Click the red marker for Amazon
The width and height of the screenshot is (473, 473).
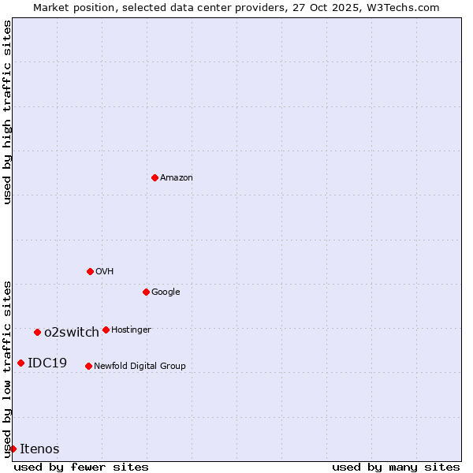click(x=155, y=177)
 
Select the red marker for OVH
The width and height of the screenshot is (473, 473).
click(x=90, y=271)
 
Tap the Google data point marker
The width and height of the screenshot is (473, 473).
click(x=146, y=292)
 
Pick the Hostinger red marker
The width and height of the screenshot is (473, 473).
click(x=106, y=330)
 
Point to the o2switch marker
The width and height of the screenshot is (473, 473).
click(x=37, y=332)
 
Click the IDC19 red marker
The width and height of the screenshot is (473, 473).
click(x=20, y=363)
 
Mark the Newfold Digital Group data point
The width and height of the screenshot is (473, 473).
click(x=88, y=366)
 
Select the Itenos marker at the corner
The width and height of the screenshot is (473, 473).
click(x=13, y=449)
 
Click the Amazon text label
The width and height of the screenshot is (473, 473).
click(x=177, y=178)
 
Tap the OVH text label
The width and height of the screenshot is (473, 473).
click(x=105, y=272)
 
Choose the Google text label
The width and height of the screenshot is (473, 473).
click(x=166, y=292)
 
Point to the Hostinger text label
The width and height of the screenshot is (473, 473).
click(x=131, y=330)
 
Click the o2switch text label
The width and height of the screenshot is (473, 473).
click(x=72, y=333)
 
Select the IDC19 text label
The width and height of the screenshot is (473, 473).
click(x=47, y=363)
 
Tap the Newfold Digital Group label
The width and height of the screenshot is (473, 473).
click(x=140, y=366)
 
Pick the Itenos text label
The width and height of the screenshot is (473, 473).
click(x=39, y=449)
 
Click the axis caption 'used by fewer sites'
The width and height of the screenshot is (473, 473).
click(x=81, y=467)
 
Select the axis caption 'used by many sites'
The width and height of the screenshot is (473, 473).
click(x=396, y=467)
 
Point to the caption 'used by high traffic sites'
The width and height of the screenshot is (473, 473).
click(x=7, y=112)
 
